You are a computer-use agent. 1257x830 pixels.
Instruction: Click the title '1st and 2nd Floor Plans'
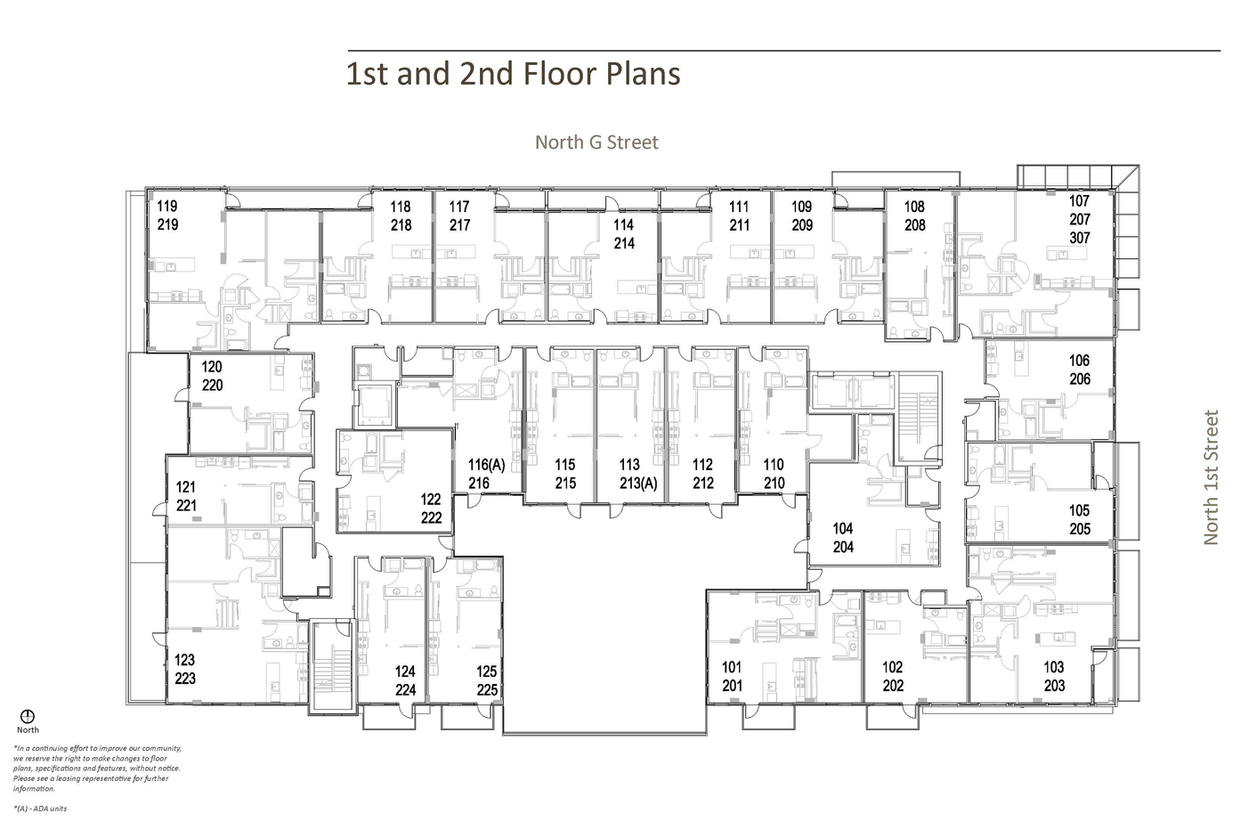tap(513, 74)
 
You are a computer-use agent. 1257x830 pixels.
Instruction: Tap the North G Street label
tap(596, 142)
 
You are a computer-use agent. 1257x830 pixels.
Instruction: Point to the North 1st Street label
tap(1211, 477)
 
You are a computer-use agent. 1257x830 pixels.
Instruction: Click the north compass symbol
tap(28, 717)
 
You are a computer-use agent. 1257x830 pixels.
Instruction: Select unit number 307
tap(1079, 238)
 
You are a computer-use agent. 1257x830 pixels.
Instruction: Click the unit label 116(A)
tap(487, 465)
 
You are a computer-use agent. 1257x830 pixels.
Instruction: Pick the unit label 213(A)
tap(638, 484)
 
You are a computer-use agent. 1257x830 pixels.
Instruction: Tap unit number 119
tap(167, 207)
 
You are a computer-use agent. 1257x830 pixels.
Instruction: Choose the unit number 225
tap(487, 689)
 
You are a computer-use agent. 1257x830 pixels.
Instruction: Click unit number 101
tap(732, 667)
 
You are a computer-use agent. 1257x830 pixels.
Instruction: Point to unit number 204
tap(843, 547)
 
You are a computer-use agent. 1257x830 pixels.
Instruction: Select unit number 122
tap(431, 499)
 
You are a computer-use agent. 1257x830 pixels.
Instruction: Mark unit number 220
tap(212, 385)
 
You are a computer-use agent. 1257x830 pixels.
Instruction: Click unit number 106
tap(1079, 361)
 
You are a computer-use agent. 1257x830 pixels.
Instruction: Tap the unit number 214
tap(624, 243)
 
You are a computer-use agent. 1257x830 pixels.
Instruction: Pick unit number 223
tap(185, 679)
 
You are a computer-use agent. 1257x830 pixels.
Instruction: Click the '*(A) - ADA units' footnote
tap(40, 809)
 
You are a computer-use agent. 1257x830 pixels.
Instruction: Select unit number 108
tap(914, 207)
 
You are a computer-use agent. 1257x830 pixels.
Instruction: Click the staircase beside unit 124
tap(333, 665)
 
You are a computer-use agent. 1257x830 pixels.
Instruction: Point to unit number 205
tap(1079, 529)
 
